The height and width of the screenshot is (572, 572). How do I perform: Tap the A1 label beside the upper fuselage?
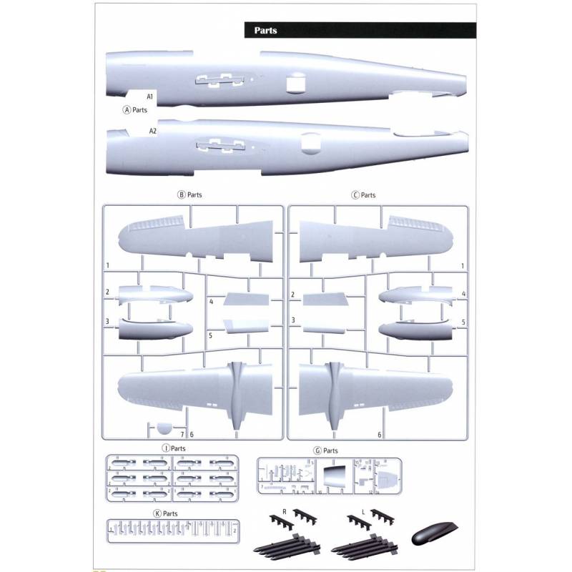150,96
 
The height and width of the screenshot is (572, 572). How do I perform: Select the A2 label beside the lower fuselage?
152,132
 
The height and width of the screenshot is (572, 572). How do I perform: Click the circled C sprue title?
363,194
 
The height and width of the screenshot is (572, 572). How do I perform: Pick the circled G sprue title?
326,451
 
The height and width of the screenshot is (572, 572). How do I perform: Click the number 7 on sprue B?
182,434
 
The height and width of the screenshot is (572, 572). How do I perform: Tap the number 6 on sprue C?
379,434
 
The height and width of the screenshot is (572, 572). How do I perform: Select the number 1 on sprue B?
107,265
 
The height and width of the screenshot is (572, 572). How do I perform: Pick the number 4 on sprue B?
212,302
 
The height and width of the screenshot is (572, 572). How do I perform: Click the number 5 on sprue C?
464,322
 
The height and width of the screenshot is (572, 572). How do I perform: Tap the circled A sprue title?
135,110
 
